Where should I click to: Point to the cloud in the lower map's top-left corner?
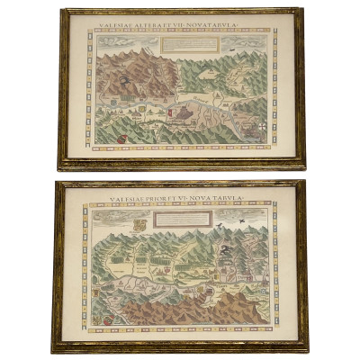point(104,216)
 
